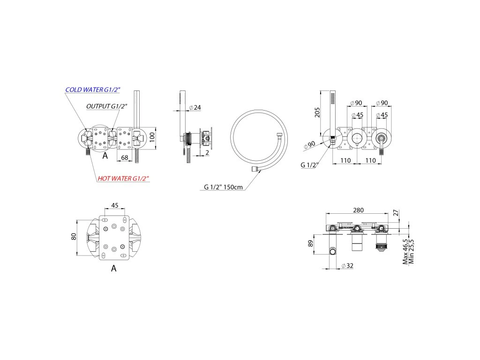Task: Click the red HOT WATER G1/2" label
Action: tap(123, 178)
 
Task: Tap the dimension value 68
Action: tap(124, 157)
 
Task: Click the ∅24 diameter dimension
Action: tap(194, 108)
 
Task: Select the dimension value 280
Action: tap(358, 210)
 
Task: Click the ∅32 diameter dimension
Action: tap(347, 266)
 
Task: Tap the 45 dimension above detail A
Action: tap(114, 205)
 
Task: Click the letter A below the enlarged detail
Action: tap(113, 269)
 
